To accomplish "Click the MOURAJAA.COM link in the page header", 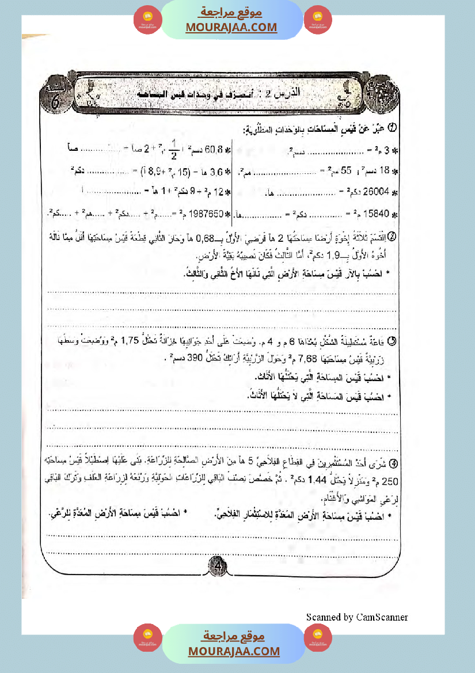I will pos(231,28).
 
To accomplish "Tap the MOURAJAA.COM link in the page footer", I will pos(234,651).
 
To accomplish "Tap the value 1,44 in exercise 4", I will pos(266,480).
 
